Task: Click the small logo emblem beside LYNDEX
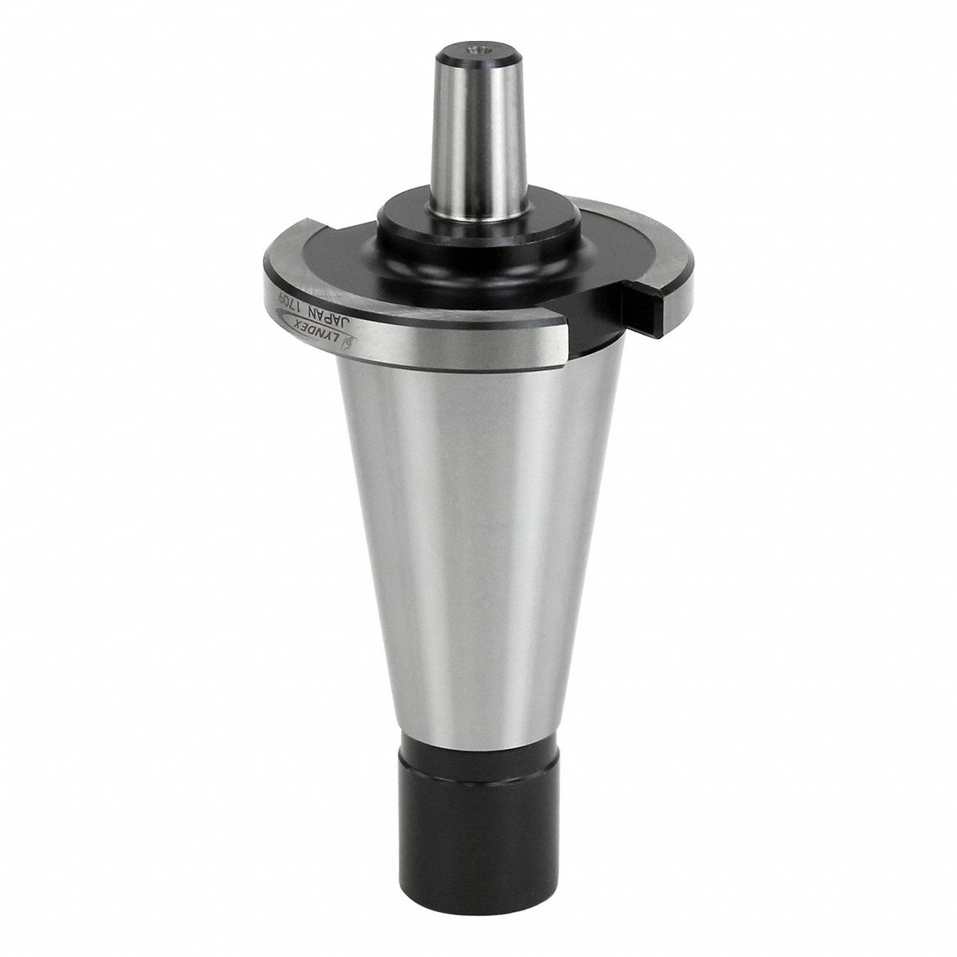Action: tap(346, 347)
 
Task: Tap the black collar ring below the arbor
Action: tap(479, 225)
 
